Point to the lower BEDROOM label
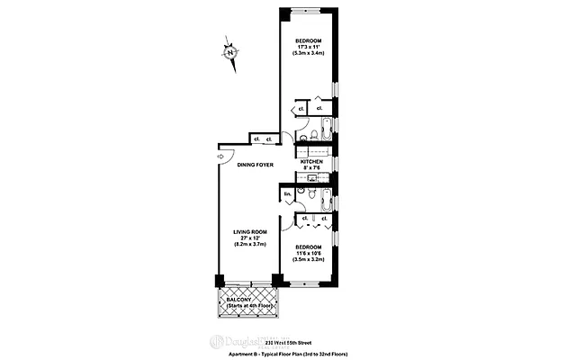(310, 247)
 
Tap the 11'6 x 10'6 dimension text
(310, 253)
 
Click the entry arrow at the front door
(221, 156)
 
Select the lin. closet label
(288, 194)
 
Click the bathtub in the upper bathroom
(323, 125)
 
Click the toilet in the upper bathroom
(303, 136)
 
